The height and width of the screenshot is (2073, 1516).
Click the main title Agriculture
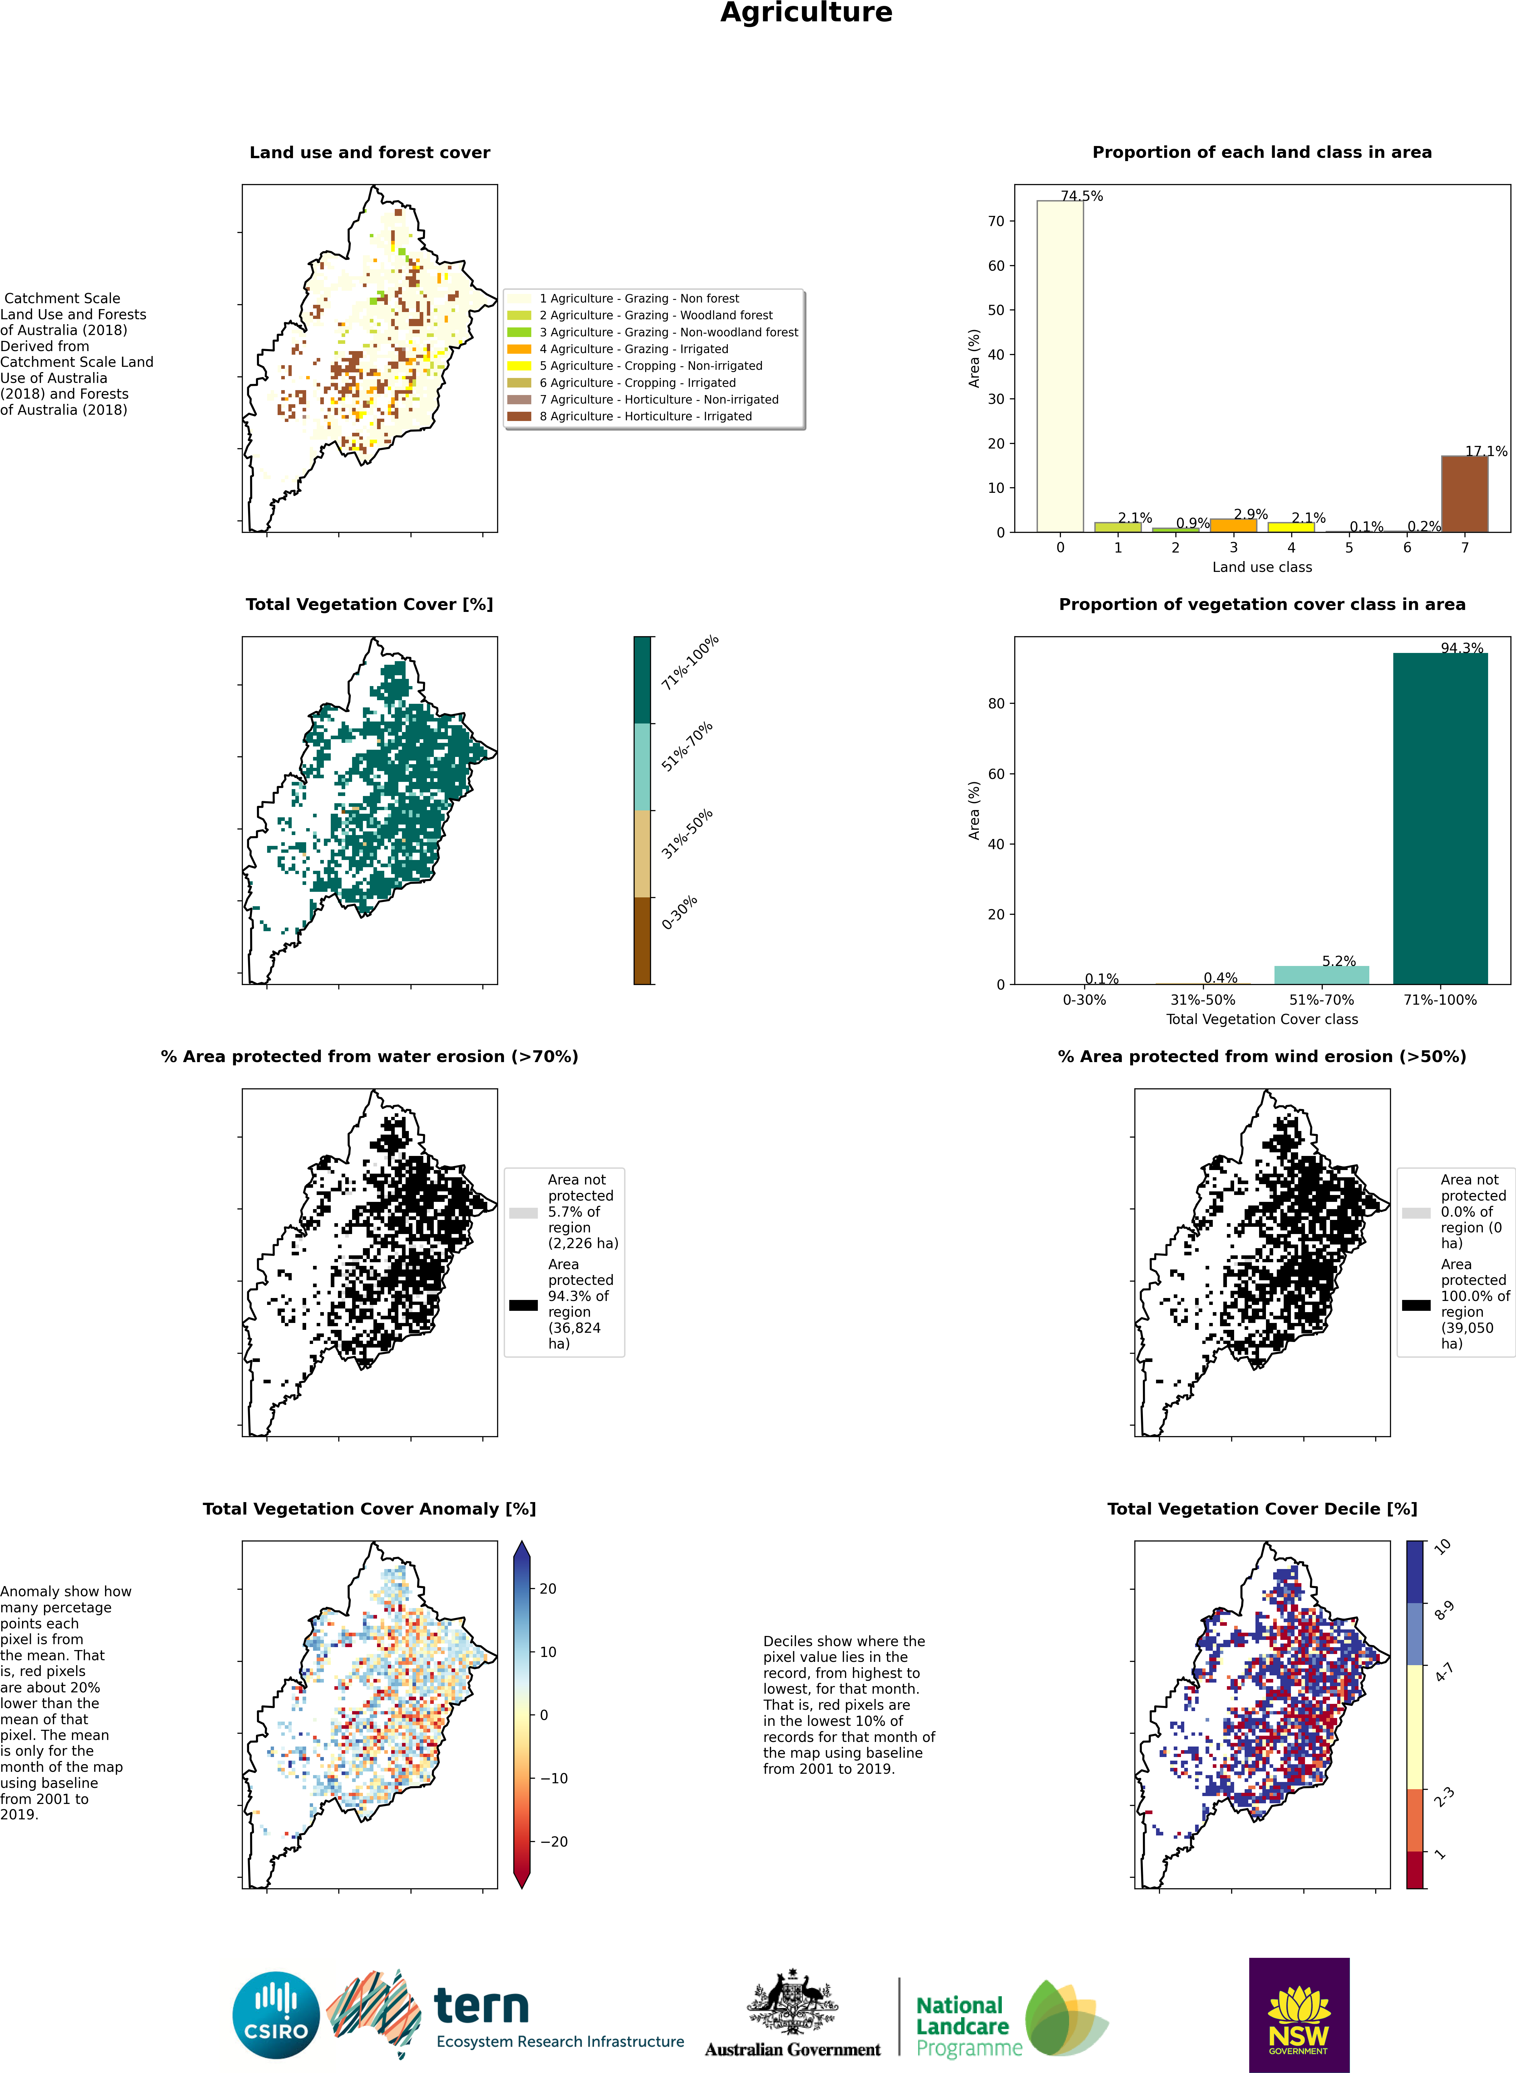click(x=806, y=13)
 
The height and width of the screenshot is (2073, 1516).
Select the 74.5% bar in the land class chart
click(x=1060, y=366)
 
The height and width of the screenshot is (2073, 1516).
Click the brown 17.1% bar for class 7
click(x=1464, y=494)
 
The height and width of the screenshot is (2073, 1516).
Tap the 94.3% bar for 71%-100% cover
click(x=1440, y=819)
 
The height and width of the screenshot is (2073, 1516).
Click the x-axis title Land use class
click(x=1262, y=567)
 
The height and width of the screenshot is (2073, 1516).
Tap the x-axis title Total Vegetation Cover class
click(x=1262, y=1019)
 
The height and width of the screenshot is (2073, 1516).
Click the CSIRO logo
click(x=276, y=2015)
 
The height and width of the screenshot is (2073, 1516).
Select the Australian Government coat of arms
click(x=793, y=2001)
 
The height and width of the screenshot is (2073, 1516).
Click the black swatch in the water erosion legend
click(x=523, y=1305)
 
